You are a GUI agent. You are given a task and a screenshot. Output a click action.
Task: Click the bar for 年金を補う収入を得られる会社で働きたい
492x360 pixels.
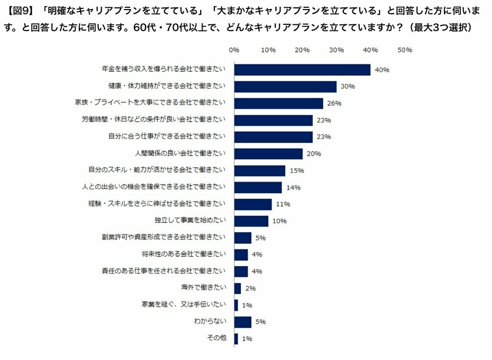[x=302, y=70]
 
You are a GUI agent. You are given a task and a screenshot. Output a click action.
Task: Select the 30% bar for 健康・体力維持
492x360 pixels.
[x=285, y=86]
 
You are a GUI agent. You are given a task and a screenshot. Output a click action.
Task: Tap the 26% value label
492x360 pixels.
[x=334, y=103]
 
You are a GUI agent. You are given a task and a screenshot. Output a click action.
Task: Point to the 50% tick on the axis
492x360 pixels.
[x=405, y=50]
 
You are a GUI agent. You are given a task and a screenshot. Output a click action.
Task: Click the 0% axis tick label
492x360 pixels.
[x=234, y=50]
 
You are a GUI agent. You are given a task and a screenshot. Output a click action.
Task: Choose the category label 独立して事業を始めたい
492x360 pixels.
[x=190, y=221]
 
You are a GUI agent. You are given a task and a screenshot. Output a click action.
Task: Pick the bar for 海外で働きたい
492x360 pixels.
[x=238, y=288]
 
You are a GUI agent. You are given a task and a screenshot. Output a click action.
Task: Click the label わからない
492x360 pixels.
[x=210, y=322]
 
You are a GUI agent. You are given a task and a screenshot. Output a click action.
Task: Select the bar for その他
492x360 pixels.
[x=236, y=339]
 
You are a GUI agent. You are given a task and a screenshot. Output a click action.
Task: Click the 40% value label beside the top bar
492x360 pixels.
[x=382, y=70]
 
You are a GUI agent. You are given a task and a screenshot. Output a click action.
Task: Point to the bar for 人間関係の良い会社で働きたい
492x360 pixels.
[x=268, y=154]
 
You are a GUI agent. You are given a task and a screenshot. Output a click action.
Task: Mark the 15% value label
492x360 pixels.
[x=296, y=171]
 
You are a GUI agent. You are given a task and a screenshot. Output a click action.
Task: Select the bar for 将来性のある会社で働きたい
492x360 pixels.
[x=241, y=254]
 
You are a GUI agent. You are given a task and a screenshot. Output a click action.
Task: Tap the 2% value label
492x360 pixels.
[x=251, y=288]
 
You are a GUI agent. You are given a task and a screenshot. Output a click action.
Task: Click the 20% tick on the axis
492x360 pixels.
[x=303, y=50]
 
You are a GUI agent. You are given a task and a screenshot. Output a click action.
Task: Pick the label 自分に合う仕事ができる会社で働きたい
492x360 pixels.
[x=167, y=137]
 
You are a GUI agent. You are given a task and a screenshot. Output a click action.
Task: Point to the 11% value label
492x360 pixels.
[x=283, y=204]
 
